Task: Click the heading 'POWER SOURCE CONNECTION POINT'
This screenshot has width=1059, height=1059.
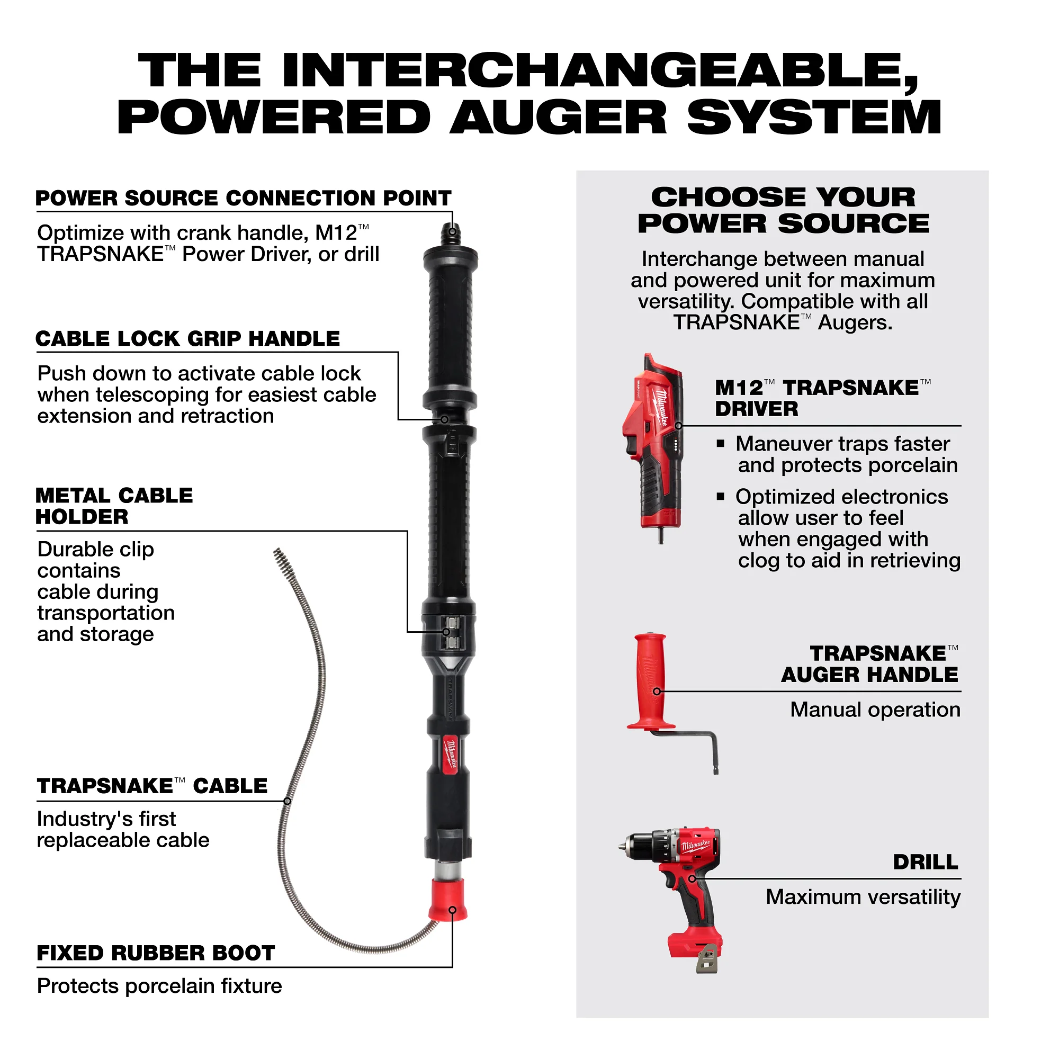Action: coord(244,199)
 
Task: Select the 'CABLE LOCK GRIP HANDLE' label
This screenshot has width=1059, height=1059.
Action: coord(188,339)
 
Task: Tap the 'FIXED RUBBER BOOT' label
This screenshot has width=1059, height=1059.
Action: coord(156,953)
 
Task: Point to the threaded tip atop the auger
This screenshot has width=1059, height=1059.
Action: coord(452,234)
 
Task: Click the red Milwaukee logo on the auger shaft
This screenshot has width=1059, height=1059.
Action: coord(451,754)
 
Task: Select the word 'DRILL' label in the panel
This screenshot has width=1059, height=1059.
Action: coord(926,862)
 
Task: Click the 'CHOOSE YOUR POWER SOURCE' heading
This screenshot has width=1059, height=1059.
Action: coord(783,211)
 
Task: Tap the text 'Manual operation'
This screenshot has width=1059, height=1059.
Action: coord(875,710)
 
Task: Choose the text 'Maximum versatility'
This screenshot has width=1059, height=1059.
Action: coord(863,898)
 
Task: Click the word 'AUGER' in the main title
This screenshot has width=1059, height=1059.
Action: coord(559,118)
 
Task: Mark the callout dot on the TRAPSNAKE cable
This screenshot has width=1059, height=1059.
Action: coord(287,801)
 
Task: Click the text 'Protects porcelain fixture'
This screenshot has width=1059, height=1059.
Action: coord(159,986)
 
